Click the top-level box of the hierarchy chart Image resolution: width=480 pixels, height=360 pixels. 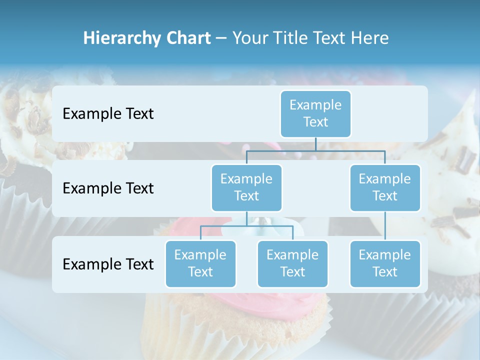[315, 113]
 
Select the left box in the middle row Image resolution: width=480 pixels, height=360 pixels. [246, 187]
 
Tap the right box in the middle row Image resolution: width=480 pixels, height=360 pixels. [385, 187]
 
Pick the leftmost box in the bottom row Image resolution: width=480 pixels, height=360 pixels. [200, 263]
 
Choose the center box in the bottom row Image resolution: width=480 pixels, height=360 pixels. [292, 263]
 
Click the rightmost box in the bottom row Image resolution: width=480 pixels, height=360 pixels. [385, 263]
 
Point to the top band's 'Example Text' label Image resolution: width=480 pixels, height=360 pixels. [108, 114]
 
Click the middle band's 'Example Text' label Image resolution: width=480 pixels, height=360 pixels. [108, 188]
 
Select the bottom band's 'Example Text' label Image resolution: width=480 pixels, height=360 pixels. [108, 264]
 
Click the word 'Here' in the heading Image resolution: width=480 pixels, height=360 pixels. [371, 38]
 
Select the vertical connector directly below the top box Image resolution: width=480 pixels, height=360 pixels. [315, 144]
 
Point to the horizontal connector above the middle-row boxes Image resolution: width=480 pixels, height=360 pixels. [315, 150]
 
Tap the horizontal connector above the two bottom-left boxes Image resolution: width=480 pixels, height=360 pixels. [246, 226]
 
